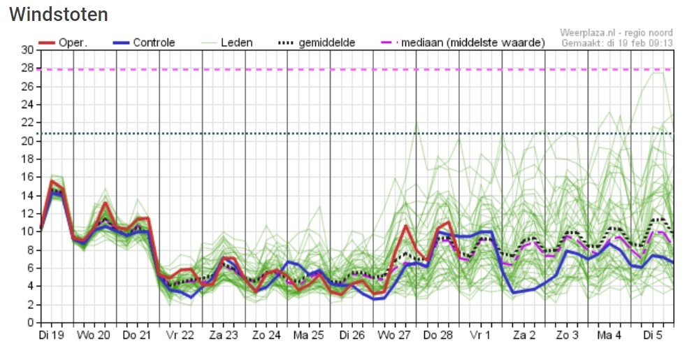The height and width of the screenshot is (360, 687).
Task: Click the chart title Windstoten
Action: pyautogui.click(x=58, y=14)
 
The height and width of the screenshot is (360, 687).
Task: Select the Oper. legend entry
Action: pyautogui.click(x=63, y=43)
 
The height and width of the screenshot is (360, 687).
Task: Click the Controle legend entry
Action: pyautogui.click(x=144, y=43)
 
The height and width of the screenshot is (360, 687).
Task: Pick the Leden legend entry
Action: pyautogui.click(x=226, y=43)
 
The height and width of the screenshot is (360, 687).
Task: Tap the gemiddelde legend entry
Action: pyautogui.click(x=317, y=43)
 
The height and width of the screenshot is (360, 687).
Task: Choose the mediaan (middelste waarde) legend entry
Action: pyautogui.click(x=463, y=43)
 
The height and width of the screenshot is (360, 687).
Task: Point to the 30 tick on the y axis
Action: pyautogui.click(x=27, y=50)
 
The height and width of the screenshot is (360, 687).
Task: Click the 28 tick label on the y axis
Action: pyautogui.click(x=27, y=68)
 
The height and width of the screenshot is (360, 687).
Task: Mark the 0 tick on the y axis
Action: pyautogui.click(x=30, y=323)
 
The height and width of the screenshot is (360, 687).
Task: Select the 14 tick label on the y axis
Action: pyautogui.click(x=27, y=195)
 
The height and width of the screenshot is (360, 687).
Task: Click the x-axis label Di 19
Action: pyautogui.click(x=51, y=336)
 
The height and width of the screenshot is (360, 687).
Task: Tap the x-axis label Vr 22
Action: pyautogui.click(x=180, y=336)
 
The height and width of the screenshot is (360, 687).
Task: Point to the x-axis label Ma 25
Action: pyautogui.click(x=308, y=336)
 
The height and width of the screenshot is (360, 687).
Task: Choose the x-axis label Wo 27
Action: pyautogui.click(x=394, y=336)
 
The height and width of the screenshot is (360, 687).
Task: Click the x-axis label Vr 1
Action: pyautogui.click(x=480, y=336)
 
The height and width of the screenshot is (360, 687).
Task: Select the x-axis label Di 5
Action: pyautogui.click(x=652, y=336)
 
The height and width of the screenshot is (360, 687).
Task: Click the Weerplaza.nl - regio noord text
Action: pyautogui.click(x=616, y=33)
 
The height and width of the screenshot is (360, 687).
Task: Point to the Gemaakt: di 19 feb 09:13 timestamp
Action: pyautogui.click(x=617, y=43)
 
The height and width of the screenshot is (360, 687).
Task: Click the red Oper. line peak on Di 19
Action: pyautogui.click(x=52, y=180)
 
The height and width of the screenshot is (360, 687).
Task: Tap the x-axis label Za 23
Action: pyautogui.click(x=223, y=336)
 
